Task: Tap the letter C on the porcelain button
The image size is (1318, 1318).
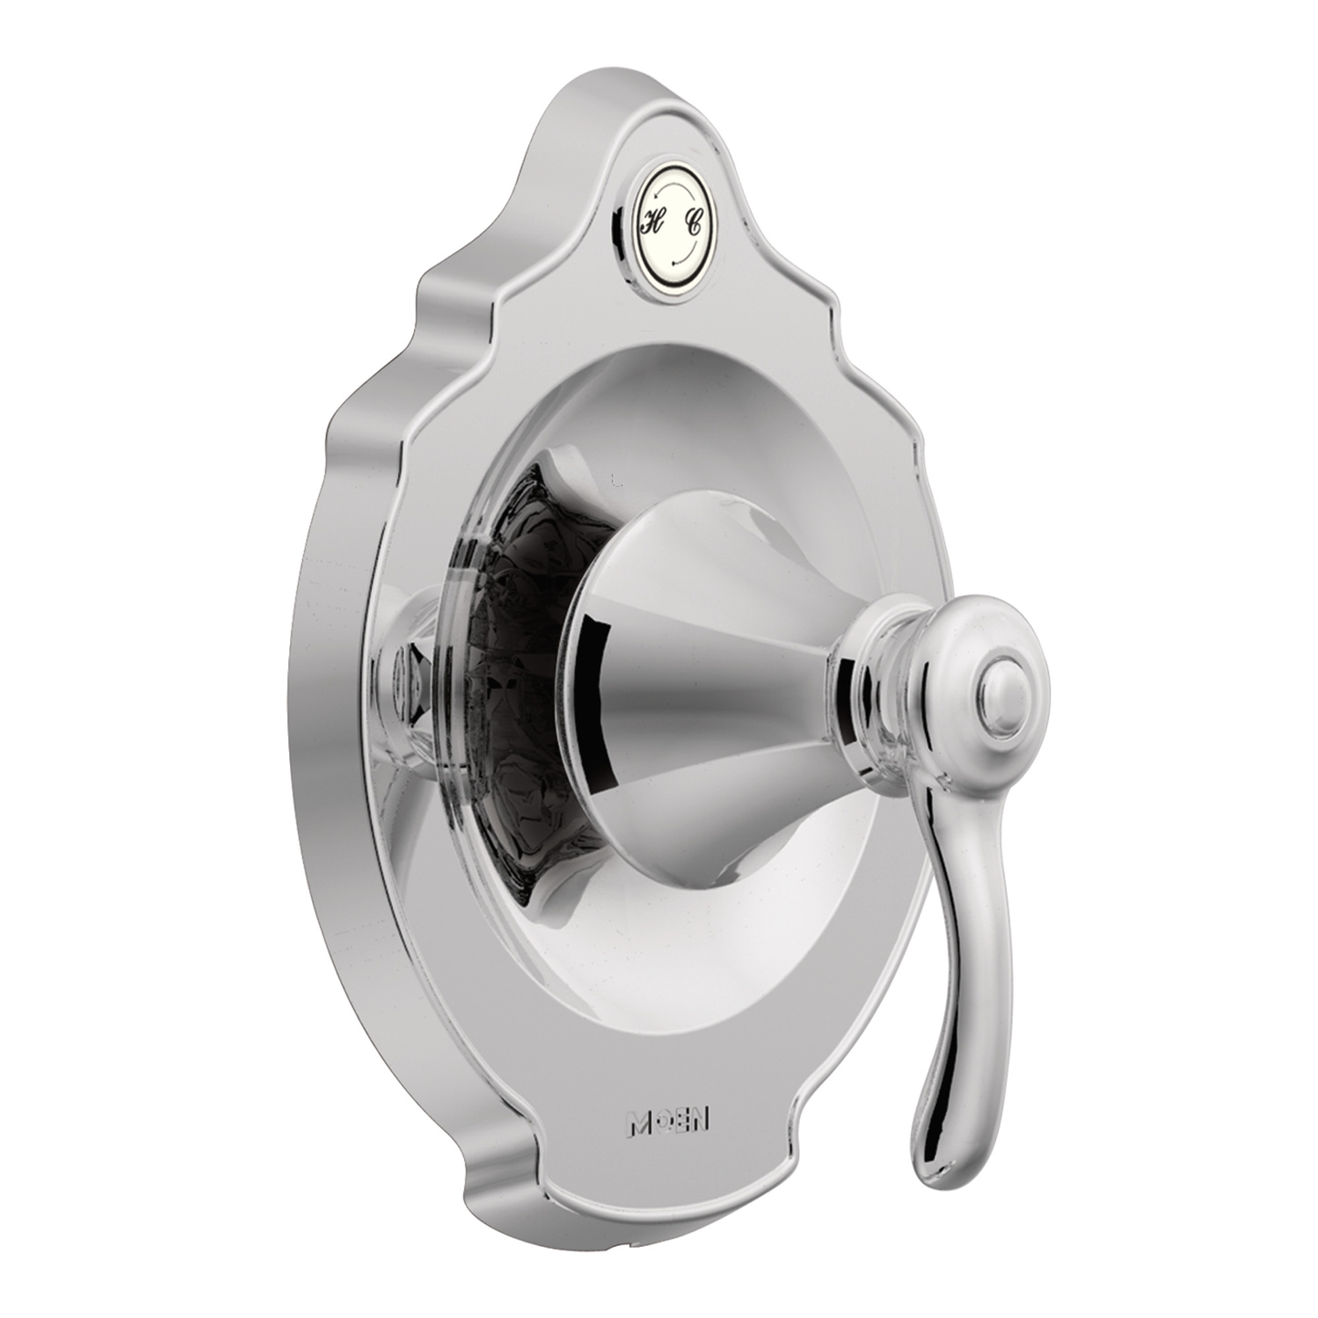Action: tap(695, 223)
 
